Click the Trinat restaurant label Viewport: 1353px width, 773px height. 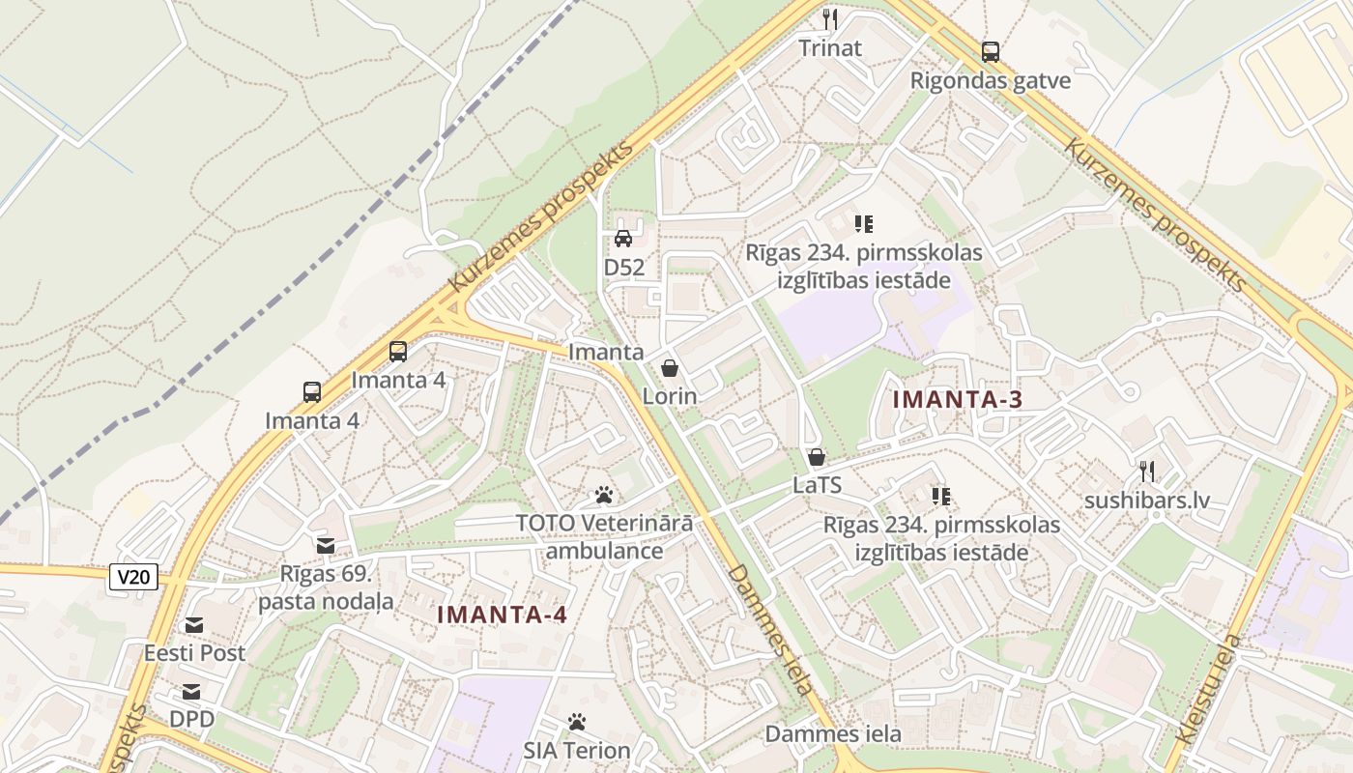point(830,47)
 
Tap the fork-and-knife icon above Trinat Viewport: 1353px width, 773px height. point(830,18)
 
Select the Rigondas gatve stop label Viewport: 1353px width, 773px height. point(991,80)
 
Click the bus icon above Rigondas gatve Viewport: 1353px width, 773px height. point(991,52)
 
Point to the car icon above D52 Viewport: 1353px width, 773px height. point(623,238)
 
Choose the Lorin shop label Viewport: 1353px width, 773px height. point(670,396)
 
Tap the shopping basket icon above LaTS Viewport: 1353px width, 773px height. point(817,457)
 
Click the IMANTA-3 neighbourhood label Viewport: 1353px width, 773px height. point(957,399)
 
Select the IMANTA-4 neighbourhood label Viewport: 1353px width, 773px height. point(502,615)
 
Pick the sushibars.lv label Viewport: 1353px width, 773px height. point(1147,501)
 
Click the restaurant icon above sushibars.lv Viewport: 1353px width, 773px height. point(1147,472)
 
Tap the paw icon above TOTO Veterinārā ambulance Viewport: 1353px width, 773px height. point(605,496)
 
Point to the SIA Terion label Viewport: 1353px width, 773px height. point(577,750)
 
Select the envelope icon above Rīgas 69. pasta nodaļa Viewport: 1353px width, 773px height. point(326,546)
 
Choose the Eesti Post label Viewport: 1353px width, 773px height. point(195,653)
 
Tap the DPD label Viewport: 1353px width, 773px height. point(191,720)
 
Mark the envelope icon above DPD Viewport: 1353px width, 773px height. point(191,692)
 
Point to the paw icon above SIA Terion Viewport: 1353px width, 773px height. point(577,722)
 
